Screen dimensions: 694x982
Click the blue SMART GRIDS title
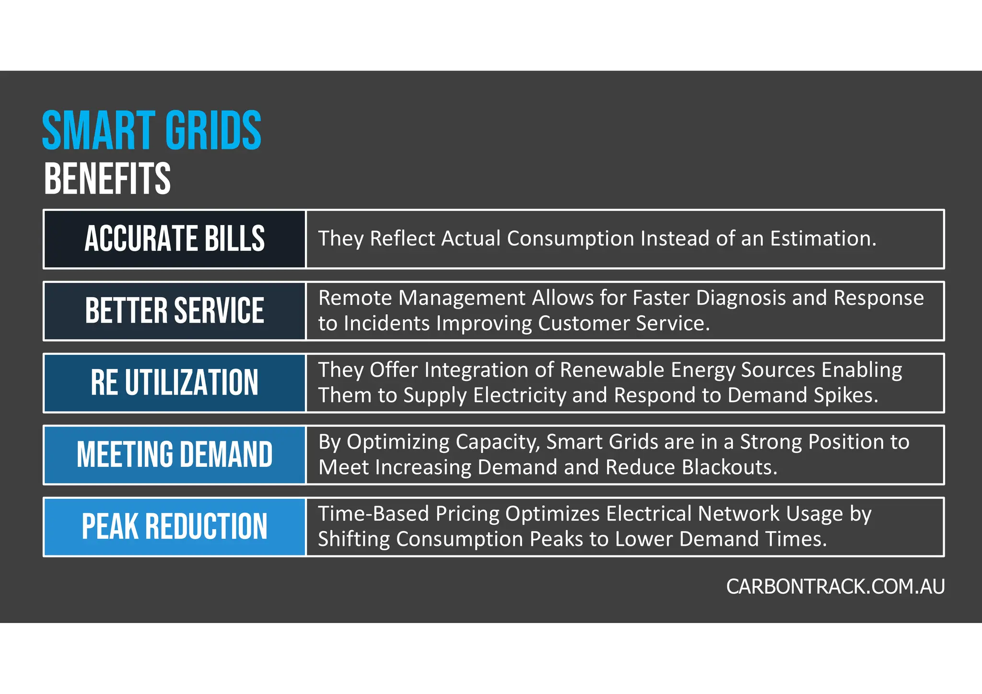152,130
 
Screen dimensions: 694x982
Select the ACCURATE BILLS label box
175,239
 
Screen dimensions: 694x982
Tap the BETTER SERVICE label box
175,311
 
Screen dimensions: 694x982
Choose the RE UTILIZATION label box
175,382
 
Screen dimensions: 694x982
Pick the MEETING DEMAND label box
175,454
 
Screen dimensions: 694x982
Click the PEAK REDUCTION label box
175,526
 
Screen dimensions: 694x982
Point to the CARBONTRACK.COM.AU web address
835,587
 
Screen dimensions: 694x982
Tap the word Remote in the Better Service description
355,298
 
